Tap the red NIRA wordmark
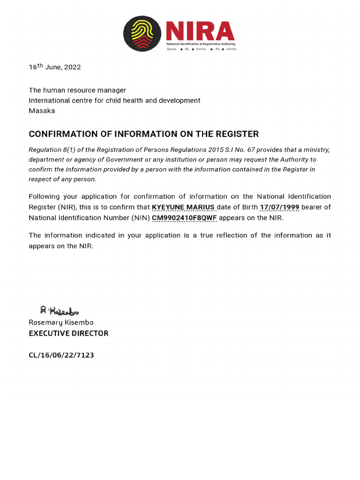click(x=200, y=32)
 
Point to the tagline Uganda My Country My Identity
click(x=201, y=49)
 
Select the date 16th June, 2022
click(x=55, y=67)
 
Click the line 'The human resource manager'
click(x=77, y=90)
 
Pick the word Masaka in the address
click(x=42, y=111)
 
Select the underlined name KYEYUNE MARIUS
click(x=183, y=207)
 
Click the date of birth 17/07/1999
click(x=279, y=207)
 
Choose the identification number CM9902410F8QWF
click(x=184, y=217)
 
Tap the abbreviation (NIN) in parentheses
click(x=140, y=217)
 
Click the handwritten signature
click(x=59, y=310)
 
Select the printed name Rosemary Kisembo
click(x=61, y=322)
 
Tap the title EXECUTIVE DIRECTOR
click(x=68, y=333)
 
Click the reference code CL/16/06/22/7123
click(x=61, y=355)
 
